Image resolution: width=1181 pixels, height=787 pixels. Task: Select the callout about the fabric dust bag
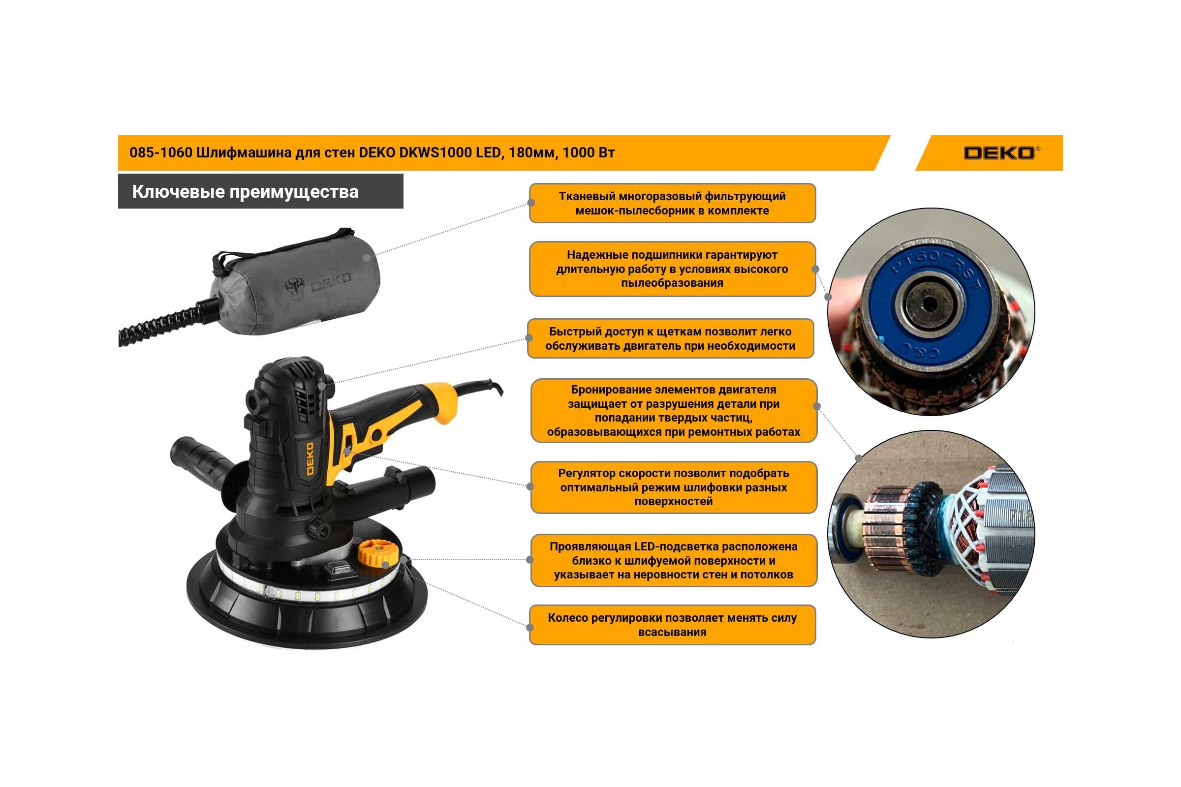click(672, 203)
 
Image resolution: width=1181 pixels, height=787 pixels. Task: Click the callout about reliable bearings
click(672, 269)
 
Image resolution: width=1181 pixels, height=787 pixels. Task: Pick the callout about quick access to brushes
click(670, 338)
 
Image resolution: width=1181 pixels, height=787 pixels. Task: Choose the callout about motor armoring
click(674, 411)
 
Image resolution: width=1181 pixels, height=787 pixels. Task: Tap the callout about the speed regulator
click(674, 487)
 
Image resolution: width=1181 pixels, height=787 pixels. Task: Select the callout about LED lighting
click(674, 561)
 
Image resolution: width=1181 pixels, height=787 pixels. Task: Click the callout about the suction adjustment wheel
click(672, 625)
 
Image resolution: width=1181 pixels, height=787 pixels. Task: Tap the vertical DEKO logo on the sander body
click(310, 458)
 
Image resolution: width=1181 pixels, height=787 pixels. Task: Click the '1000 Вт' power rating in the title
click(589, 152)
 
